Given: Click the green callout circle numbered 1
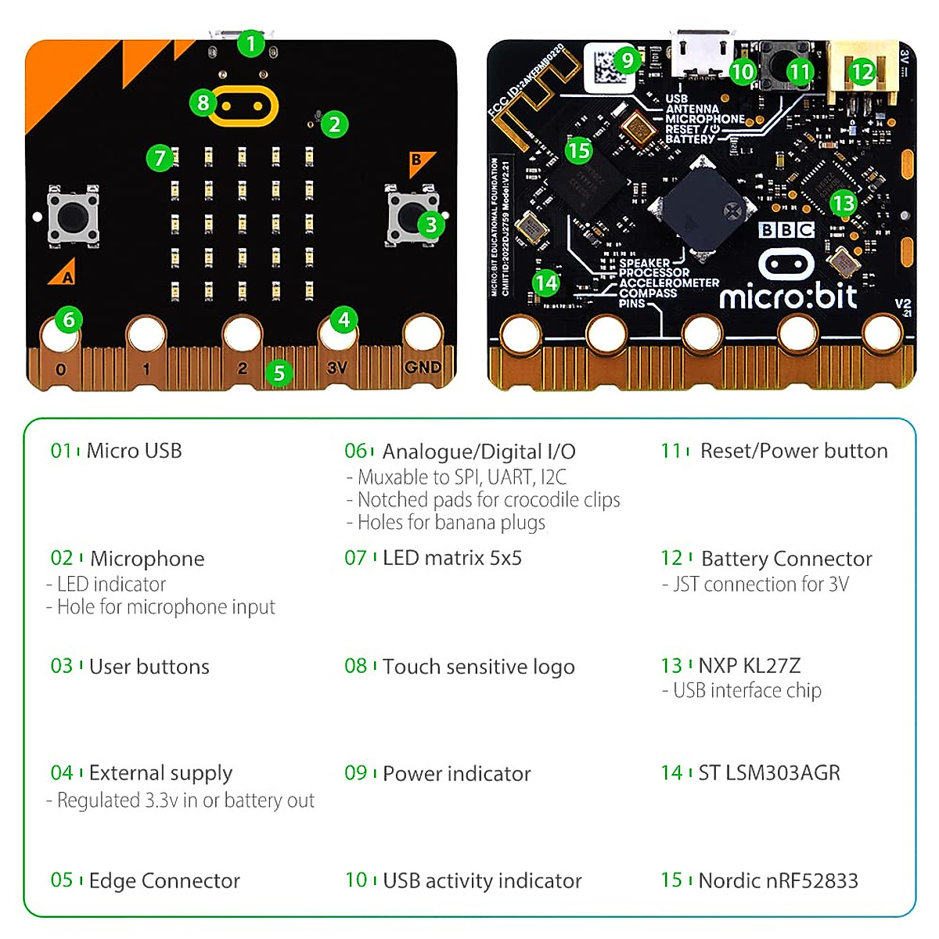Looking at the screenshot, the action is [251, 44].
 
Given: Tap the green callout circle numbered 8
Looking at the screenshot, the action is [203, 103].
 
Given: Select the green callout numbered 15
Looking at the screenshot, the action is [579, 150].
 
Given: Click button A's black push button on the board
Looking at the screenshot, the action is [73, 215].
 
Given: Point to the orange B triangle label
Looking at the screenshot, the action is [419, 162].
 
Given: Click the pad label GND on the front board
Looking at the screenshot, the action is [423, 367].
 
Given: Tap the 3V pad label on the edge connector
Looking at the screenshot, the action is [337, 368].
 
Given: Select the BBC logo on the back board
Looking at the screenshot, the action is [786, 229].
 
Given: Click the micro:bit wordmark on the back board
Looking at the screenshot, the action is [788, 297].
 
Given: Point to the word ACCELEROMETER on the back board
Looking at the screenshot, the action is [669, 282].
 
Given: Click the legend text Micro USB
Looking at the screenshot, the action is [134, 451].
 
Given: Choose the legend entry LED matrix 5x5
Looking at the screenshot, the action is [452, 558].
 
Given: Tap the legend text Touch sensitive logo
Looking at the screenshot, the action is [478, 667].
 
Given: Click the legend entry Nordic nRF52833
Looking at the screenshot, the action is [778, 881].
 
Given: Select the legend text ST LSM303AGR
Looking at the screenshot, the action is [768, 773].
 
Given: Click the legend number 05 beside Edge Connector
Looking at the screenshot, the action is [62, 880].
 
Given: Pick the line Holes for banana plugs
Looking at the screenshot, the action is [451, 523].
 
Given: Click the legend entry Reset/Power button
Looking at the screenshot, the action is [793, 451].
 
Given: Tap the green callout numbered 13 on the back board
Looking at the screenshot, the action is [844, 203].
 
